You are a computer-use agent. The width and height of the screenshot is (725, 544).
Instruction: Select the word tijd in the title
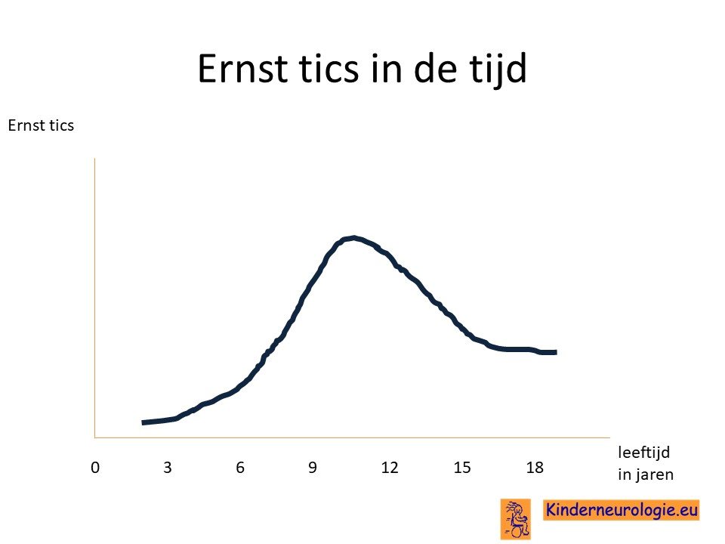(498, 70)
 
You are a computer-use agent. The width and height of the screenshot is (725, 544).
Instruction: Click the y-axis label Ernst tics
(41, 125)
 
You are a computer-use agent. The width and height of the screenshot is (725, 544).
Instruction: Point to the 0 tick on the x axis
(95, 468)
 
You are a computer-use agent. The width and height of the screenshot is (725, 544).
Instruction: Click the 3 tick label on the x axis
(168, 468)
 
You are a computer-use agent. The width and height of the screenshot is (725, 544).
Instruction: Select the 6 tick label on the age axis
(240, 468)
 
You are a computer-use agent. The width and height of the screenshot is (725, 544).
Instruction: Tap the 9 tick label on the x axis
(313, 468)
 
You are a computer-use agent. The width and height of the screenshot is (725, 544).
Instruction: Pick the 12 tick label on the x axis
(390, 468)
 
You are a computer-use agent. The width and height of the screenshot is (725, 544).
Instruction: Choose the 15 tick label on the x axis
(462, 468)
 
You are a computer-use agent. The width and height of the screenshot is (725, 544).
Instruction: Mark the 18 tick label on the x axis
(535, 468)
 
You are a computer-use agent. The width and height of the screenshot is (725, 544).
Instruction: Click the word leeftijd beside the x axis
(643, 452)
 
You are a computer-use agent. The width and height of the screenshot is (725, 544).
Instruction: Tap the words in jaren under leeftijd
(646, 474)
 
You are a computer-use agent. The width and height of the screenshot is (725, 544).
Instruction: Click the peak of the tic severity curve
(353, 238)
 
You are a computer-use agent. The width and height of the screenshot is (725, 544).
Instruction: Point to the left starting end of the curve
(143, 422)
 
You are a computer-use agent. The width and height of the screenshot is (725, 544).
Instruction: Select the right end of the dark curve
(556, 352)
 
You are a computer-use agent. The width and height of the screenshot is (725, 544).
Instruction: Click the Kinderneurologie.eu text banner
(621, 510)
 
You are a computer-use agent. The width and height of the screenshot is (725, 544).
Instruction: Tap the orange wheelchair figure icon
(516, 518)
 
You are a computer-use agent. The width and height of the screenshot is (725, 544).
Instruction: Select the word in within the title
(387, 69)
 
